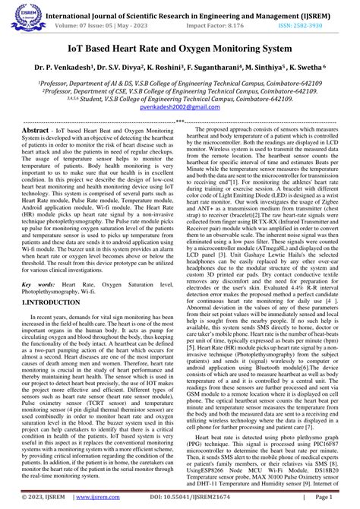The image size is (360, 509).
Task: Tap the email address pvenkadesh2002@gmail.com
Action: tap(180, 108)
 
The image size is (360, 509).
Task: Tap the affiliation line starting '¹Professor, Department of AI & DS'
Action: tap(179, 81)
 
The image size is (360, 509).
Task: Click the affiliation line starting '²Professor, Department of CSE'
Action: tap(179, 90)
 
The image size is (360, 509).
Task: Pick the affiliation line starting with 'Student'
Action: tap(179, 99)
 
